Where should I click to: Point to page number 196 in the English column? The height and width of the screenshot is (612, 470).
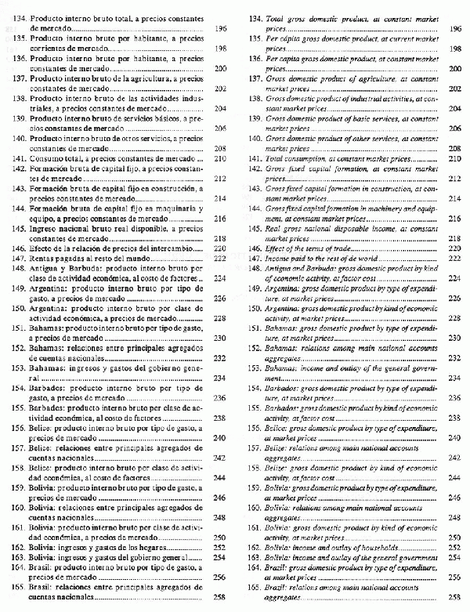pos(454,27)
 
